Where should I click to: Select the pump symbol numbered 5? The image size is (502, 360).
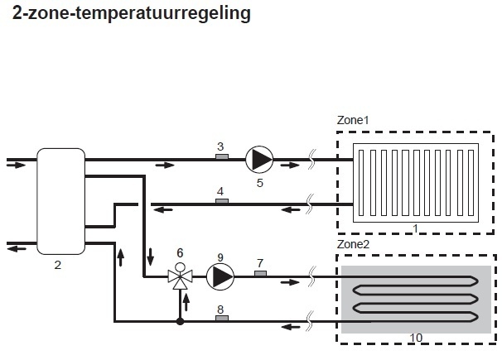pos(260,158)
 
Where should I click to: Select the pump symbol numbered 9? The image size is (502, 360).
pos(220,276)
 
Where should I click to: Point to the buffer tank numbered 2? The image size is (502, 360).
pos(60,201)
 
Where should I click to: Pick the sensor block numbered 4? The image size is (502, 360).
pos(220,200)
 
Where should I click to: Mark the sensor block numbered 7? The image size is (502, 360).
pos(259,273)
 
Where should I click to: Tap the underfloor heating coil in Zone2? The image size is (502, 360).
pos(414,299)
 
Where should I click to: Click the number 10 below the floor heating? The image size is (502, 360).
pos(416,338)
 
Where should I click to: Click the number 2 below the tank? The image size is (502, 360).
pos(57,265)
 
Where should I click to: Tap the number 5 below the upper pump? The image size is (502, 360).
pos(260,181)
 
